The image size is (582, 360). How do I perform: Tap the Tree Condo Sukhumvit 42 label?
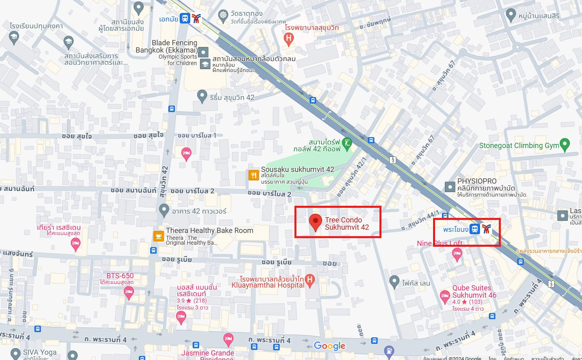(346, 224)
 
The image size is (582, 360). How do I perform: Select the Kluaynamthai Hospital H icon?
(310, 280)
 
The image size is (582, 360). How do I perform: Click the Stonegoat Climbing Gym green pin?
(565, 144)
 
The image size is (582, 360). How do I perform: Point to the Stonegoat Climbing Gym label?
(519, 146)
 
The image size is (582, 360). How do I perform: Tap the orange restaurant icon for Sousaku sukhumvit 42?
(253, 175)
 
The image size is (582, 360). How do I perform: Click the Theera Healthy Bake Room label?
(209, 231)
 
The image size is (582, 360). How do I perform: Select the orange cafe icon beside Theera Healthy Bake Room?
(158, 236)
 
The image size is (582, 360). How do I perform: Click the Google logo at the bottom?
(329, 346)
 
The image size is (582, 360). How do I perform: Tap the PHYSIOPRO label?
(476, 181)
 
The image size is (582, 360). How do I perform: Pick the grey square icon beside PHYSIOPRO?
(450, 187)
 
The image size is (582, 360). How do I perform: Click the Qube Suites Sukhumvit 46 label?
(474, 292)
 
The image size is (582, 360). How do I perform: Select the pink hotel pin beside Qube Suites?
(445, 296)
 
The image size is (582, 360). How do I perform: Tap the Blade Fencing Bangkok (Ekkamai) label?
(167, 47)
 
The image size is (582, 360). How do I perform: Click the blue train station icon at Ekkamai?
(185, 18)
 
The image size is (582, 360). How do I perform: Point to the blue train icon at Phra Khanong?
(475, 229)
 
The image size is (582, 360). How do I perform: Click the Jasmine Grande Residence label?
(207, 354)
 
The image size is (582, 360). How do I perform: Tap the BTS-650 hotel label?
(120, 276)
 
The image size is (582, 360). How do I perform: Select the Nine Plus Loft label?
(440, 244)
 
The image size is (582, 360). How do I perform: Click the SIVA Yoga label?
(40, 352)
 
